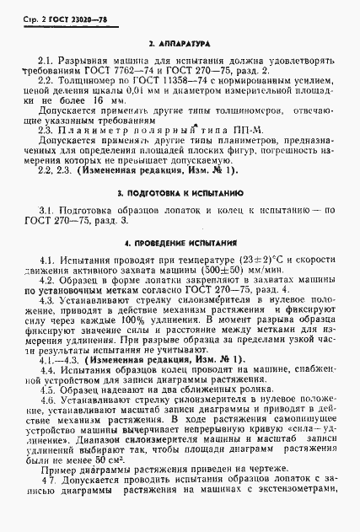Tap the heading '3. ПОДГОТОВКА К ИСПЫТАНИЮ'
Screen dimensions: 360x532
(180, 194)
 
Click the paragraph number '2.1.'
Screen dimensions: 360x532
(45, 59)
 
